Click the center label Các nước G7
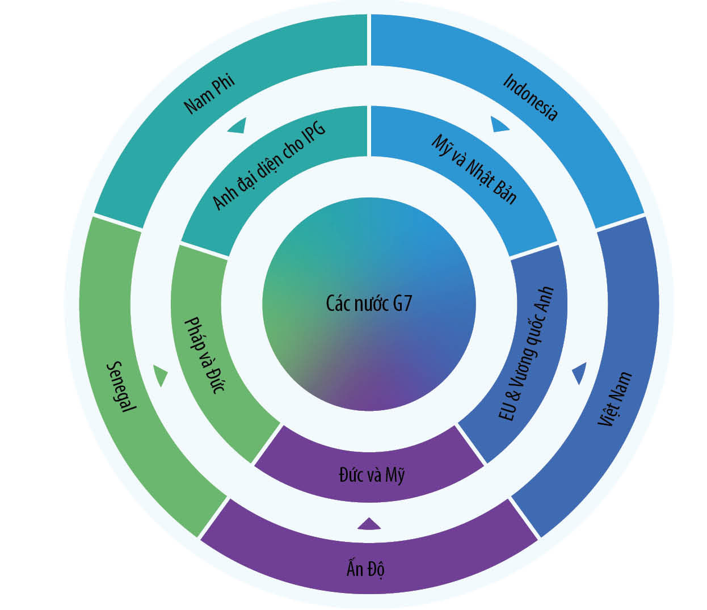368,303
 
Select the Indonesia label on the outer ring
531,97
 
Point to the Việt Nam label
615,398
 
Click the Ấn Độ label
365,569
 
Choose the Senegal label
121,386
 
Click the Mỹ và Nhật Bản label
474,169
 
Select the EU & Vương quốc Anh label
526,353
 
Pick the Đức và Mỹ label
372,475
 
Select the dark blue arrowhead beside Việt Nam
579,373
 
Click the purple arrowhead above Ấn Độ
369,523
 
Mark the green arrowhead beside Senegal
161,376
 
